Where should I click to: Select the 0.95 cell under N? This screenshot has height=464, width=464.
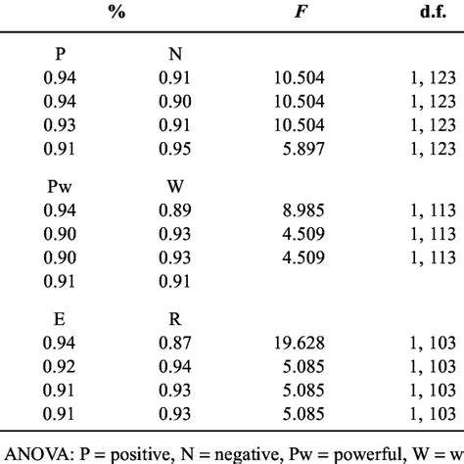178,147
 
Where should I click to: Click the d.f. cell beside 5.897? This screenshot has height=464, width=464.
438,147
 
